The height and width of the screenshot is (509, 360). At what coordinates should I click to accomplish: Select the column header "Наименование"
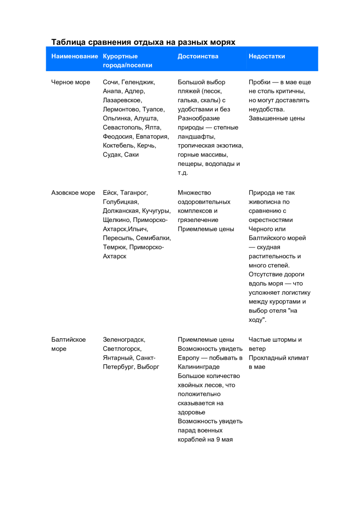tap(74, 57)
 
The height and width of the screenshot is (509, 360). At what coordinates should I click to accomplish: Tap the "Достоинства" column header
tap(198, 57)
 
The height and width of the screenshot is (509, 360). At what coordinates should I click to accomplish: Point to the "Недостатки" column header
tap(267, 57)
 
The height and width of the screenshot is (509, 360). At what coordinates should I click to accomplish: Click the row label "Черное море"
tap(71, 82)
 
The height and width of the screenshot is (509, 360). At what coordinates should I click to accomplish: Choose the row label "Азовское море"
tap(73, 193)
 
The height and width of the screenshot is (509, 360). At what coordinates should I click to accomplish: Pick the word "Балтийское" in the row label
tap(68, 339)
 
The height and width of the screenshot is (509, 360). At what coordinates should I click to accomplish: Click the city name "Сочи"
tap(110, 82)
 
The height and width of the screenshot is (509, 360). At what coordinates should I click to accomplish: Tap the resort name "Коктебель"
tap(118, 146)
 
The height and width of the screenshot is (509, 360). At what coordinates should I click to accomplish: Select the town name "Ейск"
tap(110, 193)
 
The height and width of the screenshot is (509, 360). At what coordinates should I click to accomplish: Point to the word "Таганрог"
tap(134, 193)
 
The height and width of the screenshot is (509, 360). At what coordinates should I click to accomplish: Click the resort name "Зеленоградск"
tap(124, 339)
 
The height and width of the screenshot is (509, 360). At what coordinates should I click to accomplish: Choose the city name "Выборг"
tap(148, 367)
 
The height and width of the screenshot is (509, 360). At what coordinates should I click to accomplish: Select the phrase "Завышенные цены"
tap(277, 119)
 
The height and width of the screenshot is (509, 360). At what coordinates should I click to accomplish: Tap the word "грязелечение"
tap(198, 220)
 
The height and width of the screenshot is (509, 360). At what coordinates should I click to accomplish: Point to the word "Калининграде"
tap(198, 367)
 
